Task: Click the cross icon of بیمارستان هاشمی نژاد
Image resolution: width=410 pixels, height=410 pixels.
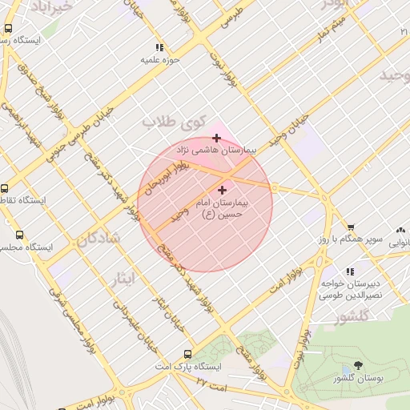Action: point(216,138)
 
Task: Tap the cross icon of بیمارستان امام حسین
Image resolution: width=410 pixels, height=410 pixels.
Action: point(222,191)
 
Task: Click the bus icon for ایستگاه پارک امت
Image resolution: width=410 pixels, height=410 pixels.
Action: point(187,354)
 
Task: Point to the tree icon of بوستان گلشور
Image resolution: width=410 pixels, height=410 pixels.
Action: point(357,366)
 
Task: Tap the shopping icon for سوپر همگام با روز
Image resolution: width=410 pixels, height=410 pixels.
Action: point(349,228)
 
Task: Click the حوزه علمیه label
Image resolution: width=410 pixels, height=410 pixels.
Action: point(160,59)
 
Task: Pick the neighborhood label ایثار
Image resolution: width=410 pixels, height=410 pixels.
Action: point(125,278)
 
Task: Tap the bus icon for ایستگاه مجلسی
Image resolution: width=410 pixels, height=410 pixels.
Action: point(19,235)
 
